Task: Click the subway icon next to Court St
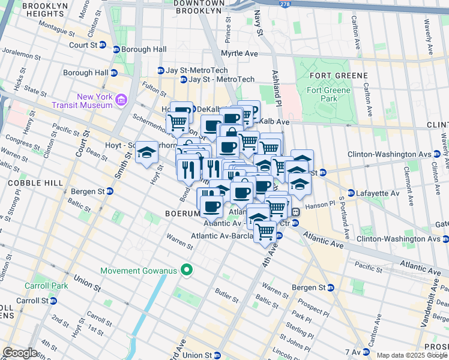103,45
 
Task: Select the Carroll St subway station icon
52,301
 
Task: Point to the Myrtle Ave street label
238,53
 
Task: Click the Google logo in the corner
20,352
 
